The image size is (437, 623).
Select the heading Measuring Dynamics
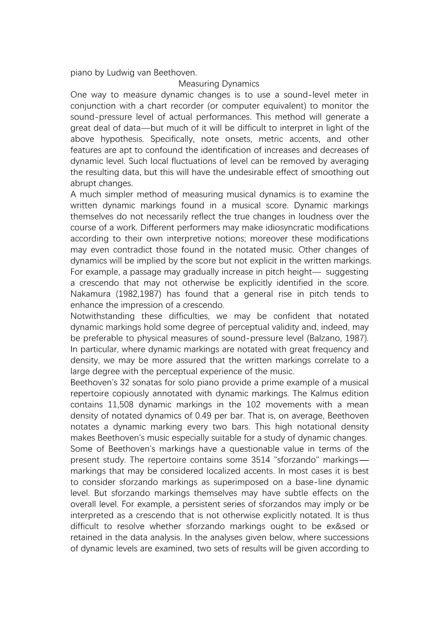218,84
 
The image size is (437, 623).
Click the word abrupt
84,183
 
